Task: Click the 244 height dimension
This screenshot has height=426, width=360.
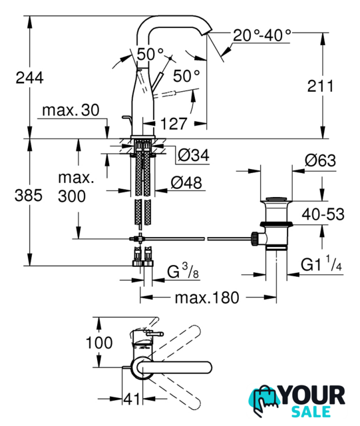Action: pyautogui.click(x=29, y=78)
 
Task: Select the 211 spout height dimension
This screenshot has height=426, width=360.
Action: pyautogui.click(x=320, y=86)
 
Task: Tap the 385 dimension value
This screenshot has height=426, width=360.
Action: pyautogui.click(x=28, y=195)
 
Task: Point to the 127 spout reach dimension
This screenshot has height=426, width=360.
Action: pyautogui.click(x=174, y=124)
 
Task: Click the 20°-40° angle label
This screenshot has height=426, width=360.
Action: pyautogui.click(x=262, y=35)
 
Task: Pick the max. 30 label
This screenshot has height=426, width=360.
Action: pyautogui.click(x=71, y=110)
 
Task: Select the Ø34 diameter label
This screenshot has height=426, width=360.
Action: pyautogui.click(x=194, y=155)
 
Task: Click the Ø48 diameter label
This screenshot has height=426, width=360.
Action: pyautogui.click(x=186, y=182)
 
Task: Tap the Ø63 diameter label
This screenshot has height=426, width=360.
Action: pyautogui.click(x=320, y=160)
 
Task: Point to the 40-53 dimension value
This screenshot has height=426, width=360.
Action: pyautogui.click(x=323, y=214)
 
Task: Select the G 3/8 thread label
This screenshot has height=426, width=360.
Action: pyautogui.click(x=183, y=271)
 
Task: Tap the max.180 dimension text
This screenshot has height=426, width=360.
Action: pyautogui.click(x=207, y=298)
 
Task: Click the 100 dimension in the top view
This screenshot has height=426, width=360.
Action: pyautogui.click(x=99, y=343)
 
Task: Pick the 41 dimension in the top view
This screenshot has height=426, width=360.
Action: pyautogui.click(x=132, y=399)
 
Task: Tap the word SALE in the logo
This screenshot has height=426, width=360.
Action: pyautogui.click(x=311, y=411)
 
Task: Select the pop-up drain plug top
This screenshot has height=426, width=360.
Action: pyautogui.click(x=276, y=198)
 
